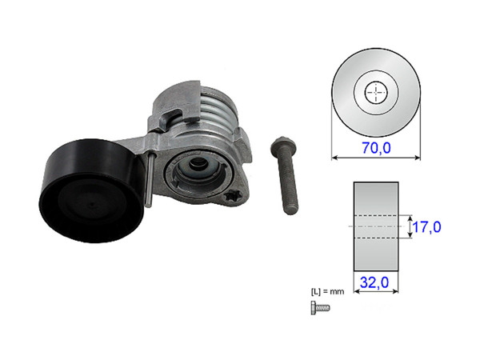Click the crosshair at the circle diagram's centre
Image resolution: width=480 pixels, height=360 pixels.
tap(374, 94)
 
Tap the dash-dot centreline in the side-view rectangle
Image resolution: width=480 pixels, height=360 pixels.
tap(374, 227)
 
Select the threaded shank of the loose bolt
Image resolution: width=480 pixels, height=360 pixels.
tap(287, 184)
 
